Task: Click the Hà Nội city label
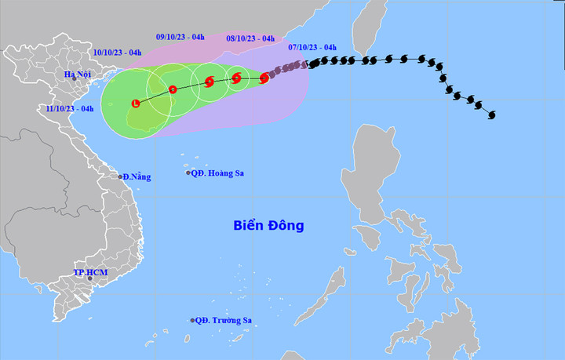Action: click(x=79, y=75)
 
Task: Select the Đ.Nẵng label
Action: click(x=137, y=177)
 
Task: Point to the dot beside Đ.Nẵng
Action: click(x=121, y=176)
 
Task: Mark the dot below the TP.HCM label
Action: click(x=89, y=281)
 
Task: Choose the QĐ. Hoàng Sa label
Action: click(x=218, y=173)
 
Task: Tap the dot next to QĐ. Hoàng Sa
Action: click(x=189, y=173)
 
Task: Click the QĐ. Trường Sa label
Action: click(x=224, y=320)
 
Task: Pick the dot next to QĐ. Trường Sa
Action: click(x=192, y=320)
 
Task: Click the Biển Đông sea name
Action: click(x=268, y=226)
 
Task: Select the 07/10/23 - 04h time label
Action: click(x=312, y=47)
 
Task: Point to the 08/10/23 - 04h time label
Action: click(x=250, y=38)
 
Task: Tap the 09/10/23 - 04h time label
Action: click(x=180, y=35)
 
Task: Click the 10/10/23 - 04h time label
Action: click(x=117, y=53)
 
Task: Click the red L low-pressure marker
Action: click(x=137, y=103)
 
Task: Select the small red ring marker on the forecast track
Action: click(x=173, y=89)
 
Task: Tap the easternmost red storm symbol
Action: click(x=264, y=78)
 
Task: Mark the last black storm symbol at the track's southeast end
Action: click(x=491, y=115)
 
